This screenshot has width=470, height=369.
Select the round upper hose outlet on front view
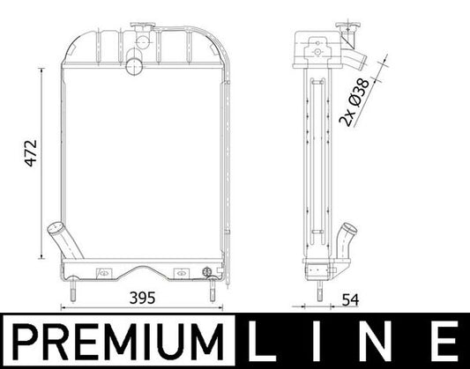[x=134, y=64]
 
